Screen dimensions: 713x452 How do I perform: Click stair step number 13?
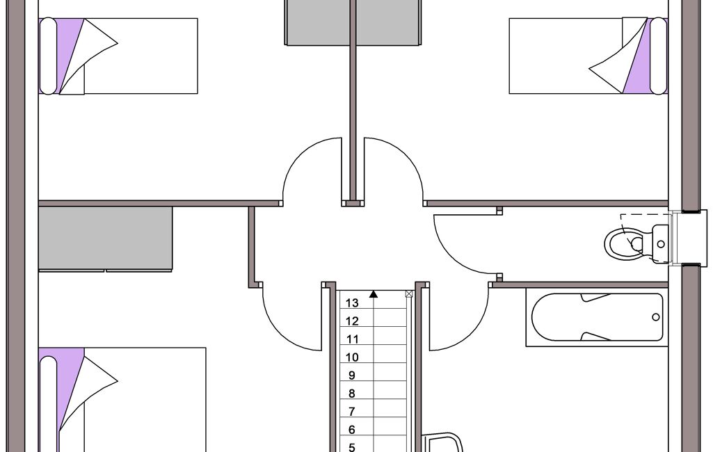(x=352, y=303)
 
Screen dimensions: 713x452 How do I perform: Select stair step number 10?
(x=352, y=357)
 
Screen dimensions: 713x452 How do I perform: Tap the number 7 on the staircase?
(x=351, y=412)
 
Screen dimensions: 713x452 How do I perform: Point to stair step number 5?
(x=351, y=447)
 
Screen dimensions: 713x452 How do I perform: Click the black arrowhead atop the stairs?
(x=374, y=294)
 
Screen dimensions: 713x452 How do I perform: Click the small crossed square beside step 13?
(x=409, y=293)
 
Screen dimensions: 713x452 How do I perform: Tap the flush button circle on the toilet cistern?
(x=661, y=244)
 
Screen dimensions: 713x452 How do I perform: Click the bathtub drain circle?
(x=656, y=317)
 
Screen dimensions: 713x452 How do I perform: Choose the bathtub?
(x=597, y=317)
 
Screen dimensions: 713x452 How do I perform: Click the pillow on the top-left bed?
(x=48, y=56)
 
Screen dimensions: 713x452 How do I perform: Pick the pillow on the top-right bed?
(x=659, y=56)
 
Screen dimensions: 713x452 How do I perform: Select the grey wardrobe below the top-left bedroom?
(x=106, y=239)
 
